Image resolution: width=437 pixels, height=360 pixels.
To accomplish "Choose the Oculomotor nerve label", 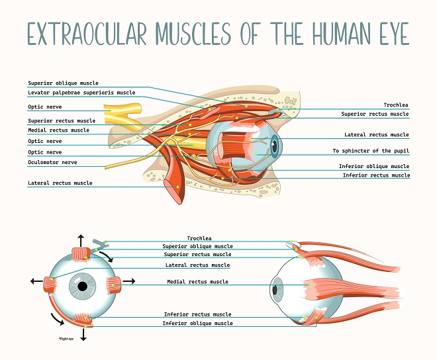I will tap(51, 162).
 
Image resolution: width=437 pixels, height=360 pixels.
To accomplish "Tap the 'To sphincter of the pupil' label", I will tap(371, 151).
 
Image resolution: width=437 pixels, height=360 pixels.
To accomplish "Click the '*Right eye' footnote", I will tap(68, 338).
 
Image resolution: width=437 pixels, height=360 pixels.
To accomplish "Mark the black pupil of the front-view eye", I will tap(83, 287).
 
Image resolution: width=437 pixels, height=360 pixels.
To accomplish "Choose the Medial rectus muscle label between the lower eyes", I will tap(197, 282).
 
